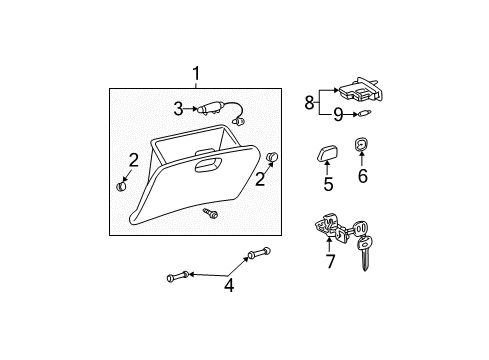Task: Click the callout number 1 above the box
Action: coord(196,73)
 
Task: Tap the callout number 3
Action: coord(178,109)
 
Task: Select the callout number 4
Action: coord(229,286)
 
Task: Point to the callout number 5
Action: coord(328,184)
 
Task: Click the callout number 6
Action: coord(363,176)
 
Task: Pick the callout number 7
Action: coord(330,261)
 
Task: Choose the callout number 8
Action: coord(309,102)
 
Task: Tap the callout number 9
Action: coord(338,115)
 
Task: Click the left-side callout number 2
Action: coord(133,160)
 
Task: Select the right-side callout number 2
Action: coord(260,179)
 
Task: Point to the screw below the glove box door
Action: coord(210,213)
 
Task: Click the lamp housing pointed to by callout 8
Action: coord(361,90)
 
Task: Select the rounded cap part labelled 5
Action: coord(327,153)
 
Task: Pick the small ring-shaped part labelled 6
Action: coord(361,144)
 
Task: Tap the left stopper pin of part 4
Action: coord(178,276)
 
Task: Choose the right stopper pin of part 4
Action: coord(259,254)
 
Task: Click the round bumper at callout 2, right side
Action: coord(273,156)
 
